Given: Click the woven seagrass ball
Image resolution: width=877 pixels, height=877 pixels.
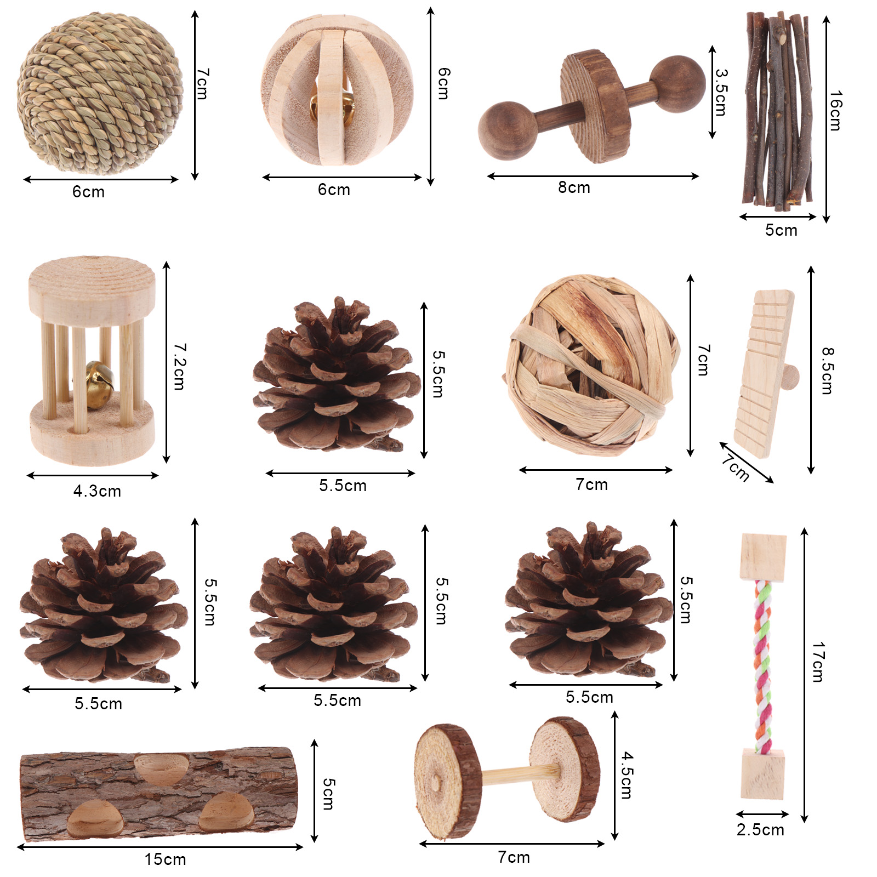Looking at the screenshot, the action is pyautogui.click(x=100, y=93).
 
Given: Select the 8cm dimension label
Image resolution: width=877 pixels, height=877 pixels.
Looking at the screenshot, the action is pyautogui.click(x=574, y=187).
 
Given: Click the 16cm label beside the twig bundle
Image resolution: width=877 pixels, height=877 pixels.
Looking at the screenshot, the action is pyautogui.click(x=835, y=111).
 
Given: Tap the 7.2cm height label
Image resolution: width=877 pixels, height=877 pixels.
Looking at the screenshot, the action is pyautogui.click(x=179, y=366).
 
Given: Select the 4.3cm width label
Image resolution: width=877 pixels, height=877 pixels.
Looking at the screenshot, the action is pyautogui.click(x=97, y=491).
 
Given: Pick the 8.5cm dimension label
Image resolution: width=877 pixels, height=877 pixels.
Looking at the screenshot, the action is pyautogui.click(x=827, y=371).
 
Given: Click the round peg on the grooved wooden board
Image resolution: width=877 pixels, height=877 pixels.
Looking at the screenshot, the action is pyautogui.click(x=791, y=377).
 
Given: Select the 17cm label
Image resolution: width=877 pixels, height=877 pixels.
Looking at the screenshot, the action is pyautogui.click(x=818, y=662).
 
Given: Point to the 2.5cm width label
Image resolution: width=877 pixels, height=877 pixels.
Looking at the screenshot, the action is pyautogui.click(x=760, y=830).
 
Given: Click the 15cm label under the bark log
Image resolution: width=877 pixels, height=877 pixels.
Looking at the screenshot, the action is pyautogui.click(x=165, y=859).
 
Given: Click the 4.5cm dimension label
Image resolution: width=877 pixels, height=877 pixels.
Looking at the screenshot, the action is pyautogui.click(x=627, y=775).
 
